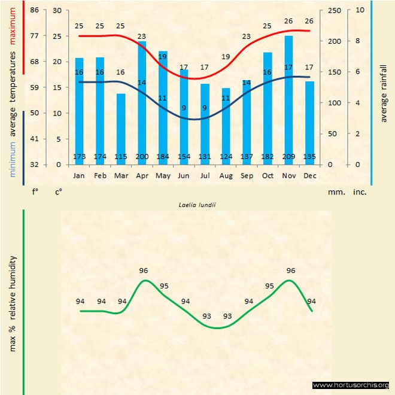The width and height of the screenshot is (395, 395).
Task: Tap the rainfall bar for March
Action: pos(121,128)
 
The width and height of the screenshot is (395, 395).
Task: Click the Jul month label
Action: pos(205,176)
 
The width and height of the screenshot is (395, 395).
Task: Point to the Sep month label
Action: pos(247,176)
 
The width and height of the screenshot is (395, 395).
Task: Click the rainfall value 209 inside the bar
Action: pos(288,157)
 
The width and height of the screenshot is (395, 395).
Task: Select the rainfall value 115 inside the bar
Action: pos(121,157)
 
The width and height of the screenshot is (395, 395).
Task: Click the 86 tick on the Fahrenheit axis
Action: pos(34,10)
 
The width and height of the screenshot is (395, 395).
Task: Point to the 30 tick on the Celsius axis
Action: pos(57,10)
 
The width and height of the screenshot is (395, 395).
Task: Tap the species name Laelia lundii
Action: pos(197,204)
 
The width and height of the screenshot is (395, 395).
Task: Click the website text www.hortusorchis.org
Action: pos(351,385)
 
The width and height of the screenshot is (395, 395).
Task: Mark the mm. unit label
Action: pos(335,192)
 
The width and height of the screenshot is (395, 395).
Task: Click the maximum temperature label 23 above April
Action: pos(142,37)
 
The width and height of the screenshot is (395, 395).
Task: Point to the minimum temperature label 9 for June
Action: pos(184,108)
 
